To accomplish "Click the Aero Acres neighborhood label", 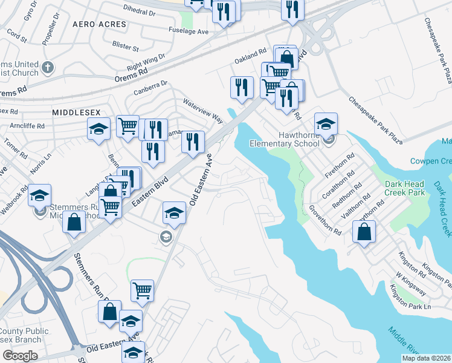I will [99, 24].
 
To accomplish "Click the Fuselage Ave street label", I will [189, 31].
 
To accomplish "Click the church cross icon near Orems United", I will [48, 67].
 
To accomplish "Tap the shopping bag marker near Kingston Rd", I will [364, 231].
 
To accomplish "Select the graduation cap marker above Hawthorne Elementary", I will [326, 124].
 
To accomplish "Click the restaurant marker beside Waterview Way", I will [193, 143].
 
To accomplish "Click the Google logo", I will [20, 356].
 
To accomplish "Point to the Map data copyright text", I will [427, 358].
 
